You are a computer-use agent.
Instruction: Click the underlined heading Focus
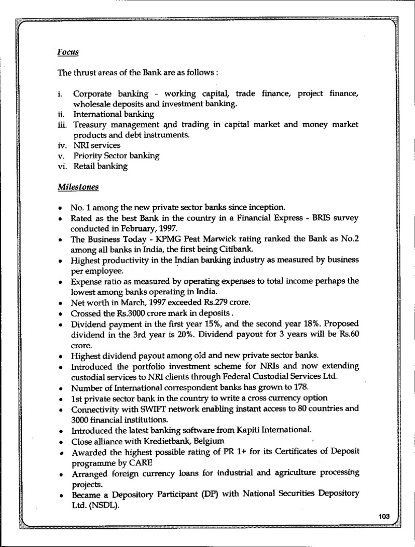tap(67, 52)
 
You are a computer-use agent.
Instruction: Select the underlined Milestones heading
tap(78, 185)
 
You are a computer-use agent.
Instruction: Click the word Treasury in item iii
tap(90, 125)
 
